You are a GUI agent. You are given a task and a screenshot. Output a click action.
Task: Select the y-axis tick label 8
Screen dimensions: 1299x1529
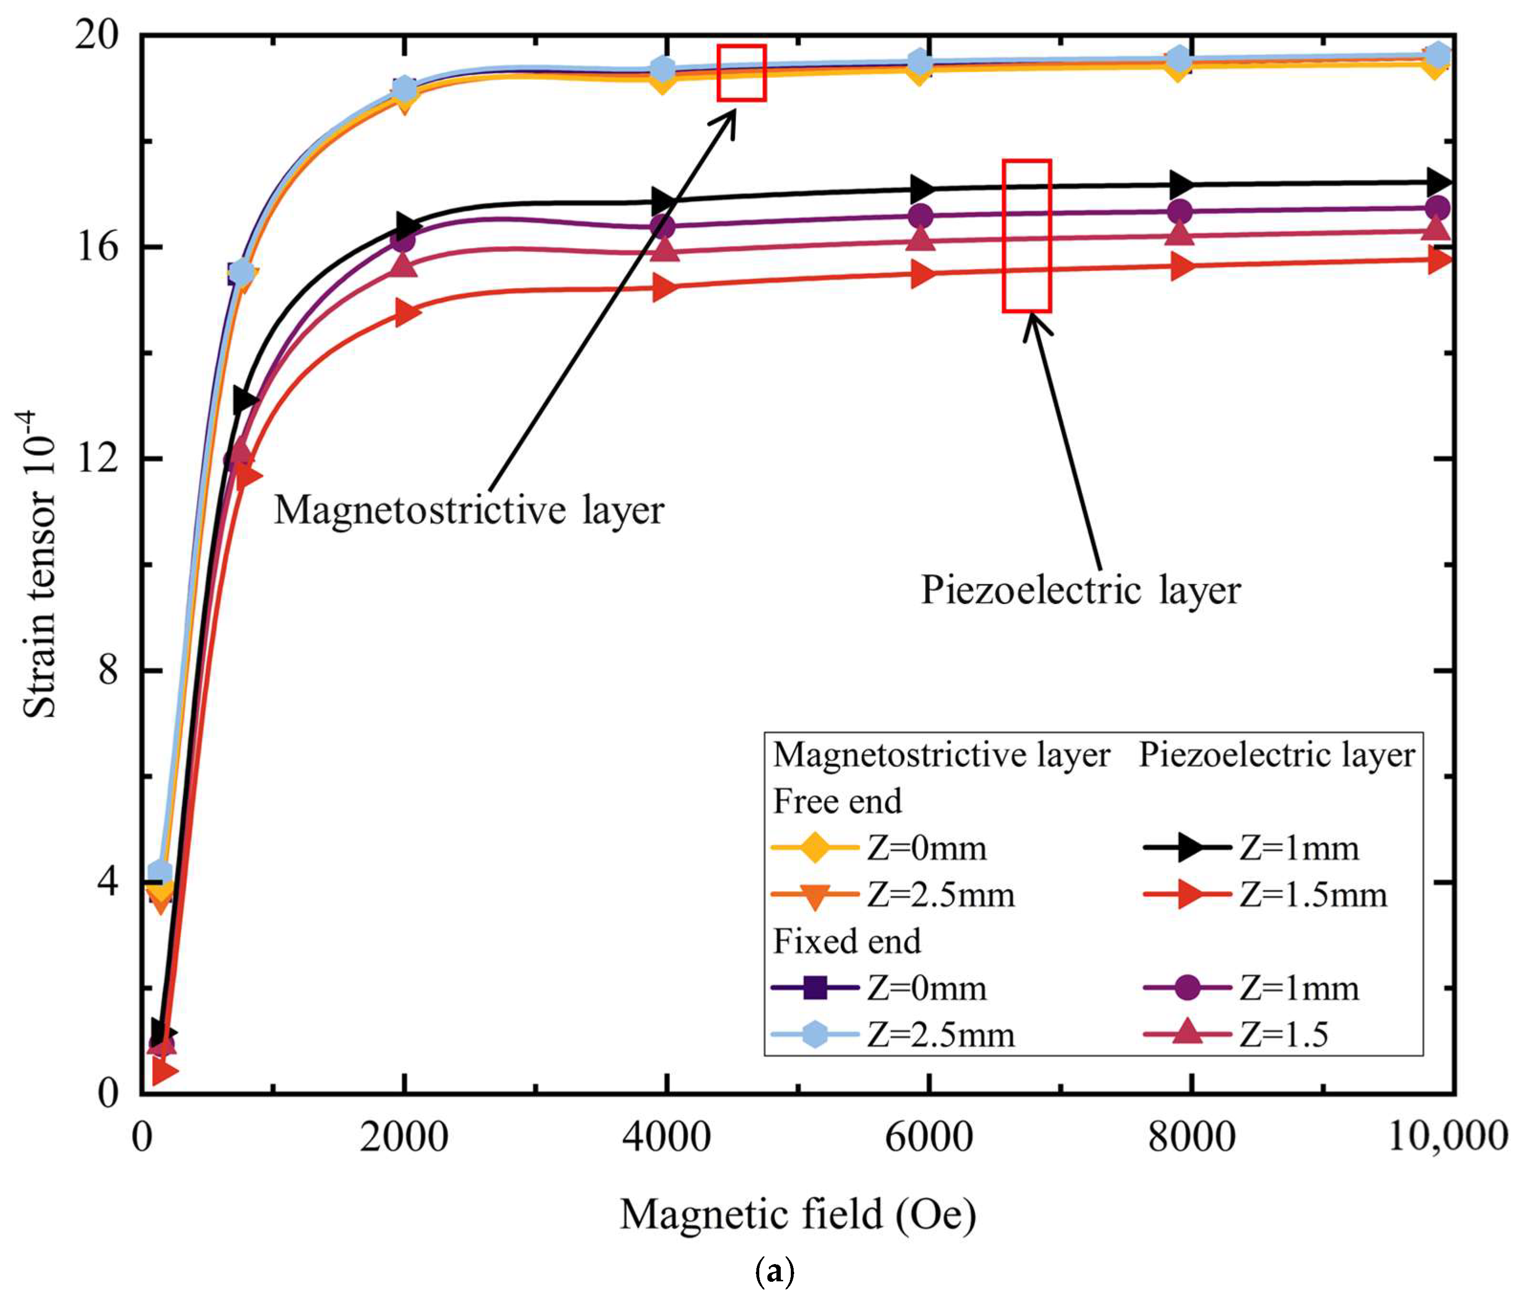pyautogui.click(x=108, y=670)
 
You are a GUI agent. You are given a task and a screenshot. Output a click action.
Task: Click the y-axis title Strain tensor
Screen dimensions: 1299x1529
pyautogui.click(x=38, y=563)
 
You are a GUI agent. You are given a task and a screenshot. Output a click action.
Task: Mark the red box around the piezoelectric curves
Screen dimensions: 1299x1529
pyautogui.click(x=1026, y=236)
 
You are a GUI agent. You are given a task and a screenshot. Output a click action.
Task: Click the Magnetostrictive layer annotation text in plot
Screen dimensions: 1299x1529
pyautogui.click(x=469, y=509)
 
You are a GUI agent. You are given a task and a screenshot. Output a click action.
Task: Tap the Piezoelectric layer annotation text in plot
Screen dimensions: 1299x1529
pyautogui.click(x=1081, y=590)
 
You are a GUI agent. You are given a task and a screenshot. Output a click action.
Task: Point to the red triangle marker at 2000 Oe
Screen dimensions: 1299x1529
pyautogui.click(x=404, y=313)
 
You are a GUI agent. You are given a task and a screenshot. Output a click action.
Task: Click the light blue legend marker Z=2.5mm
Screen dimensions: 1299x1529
pyautogui.click(x=814, y=1034)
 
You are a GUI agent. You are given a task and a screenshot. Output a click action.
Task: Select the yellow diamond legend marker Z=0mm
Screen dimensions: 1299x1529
pyautogui.click(x=814, y=848)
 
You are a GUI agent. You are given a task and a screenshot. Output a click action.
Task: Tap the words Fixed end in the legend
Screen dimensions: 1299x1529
pyautogui.click(x=847, y=941)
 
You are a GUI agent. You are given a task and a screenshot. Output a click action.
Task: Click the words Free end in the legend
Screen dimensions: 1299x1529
pyautogui.click(x=837, y=801)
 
